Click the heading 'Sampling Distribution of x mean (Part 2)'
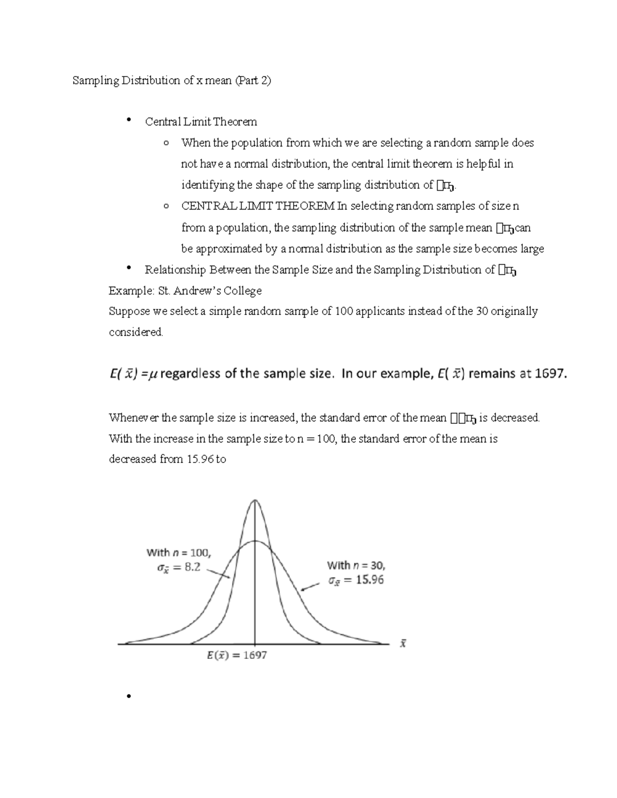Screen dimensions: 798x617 171,81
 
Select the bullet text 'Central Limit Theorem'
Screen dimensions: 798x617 201,122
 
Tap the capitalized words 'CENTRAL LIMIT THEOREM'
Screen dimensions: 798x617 258,206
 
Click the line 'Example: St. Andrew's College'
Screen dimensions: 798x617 185,291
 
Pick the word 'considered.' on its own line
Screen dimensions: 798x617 136,332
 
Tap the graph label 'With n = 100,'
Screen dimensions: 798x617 178,552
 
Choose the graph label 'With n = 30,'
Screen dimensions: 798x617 356,565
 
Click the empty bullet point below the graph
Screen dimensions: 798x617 126,697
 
